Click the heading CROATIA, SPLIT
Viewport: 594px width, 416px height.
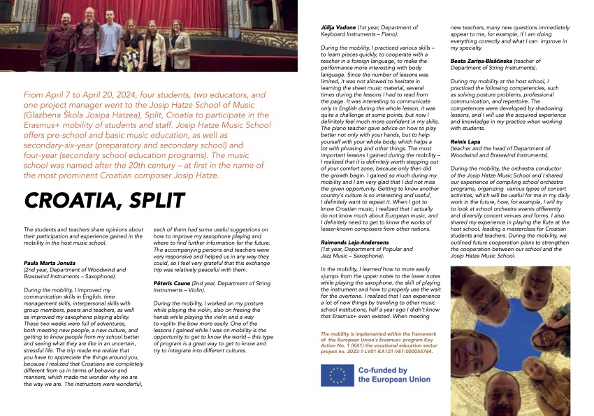coord(104,200)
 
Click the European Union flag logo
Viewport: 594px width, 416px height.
coord(336,375)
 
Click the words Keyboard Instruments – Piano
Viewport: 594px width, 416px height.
coord(358,34)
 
